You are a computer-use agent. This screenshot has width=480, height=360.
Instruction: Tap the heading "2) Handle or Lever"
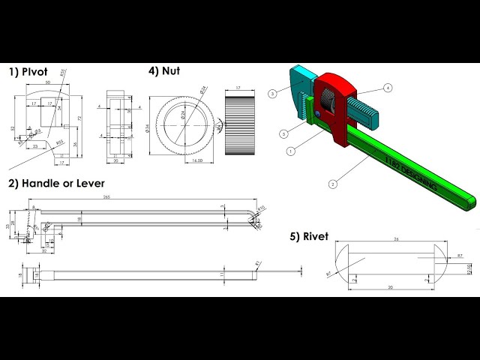(x=56, y=182)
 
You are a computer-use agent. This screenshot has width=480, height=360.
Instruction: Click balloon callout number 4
(x=388, y=88)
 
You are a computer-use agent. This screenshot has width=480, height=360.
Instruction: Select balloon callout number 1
(x=290, y=151)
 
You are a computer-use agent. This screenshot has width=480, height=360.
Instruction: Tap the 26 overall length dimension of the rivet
(x=395, y=240)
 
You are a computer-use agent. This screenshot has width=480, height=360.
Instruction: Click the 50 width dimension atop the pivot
(x=46, y=82)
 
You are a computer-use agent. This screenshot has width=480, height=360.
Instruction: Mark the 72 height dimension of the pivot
(x=79, y=119)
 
